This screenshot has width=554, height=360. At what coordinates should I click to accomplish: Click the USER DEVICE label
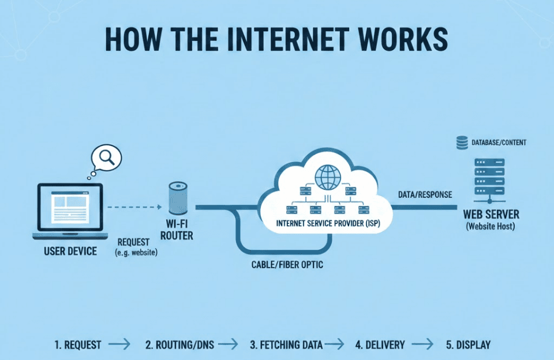(70, 251)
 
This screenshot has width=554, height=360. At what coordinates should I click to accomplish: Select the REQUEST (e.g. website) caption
(137, 247)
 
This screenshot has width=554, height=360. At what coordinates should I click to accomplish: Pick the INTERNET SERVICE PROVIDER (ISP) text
(327, 222)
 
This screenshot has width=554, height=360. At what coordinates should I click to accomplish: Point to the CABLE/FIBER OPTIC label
(287, 265)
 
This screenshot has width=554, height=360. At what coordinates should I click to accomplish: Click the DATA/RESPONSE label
(425, 194)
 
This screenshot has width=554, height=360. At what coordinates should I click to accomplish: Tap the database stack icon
(462, 142)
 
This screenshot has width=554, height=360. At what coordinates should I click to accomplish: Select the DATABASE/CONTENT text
(499, 142)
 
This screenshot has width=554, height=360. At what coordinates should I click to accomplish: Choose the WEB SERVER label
(491, 214)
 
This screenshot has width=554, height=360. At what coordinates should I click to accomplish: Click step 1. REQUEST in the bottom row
(78, 345)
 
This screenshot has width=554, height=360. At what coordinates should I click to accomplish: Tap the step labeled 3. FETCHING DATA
(282, 345)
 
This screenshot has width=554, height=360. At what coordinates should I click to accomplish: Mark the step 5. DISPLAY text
(468, 345)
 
